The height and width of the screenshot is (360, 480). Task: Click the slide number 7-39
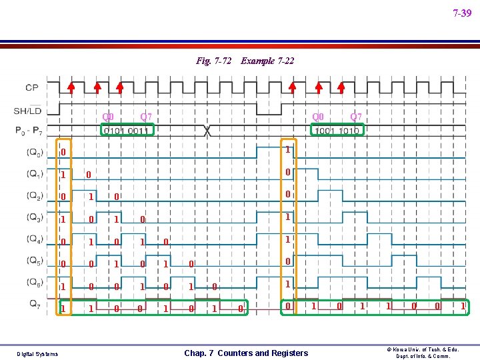coord(461,13)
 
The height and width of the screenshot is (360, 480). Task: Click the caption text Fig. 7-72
coord(213,61)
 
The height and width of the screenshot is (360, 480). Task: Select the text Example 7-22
coord(267,61)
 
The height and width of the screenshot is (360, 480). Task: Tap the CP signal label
coord(32,87)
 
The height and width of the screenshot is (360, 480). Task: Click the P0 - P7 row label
coord(31,131)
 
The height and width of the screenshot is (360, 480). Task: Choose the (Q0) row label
coord(35,152)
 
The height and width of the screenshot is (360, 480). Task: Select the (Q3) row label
coord(35,217)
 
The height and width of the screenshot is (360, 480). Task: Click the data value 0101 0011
coord(126,131)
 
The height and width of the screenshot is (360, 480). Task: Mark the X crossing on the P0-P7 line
coord(208,131)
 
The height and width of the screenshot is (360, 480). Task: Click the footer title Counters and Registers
coord(246,353)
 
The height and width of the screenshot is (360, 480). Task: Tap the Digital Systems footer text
coord(37,353)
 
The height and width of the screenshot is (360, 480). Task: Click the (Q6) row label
coord(35,282)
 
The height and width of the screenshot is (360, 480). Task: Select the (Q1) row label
coord(35,174)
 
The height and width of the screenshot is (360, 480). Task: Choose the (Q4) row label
coord(35,239)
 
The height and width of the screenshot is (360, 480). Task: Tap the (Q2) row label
coord(35,195)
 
